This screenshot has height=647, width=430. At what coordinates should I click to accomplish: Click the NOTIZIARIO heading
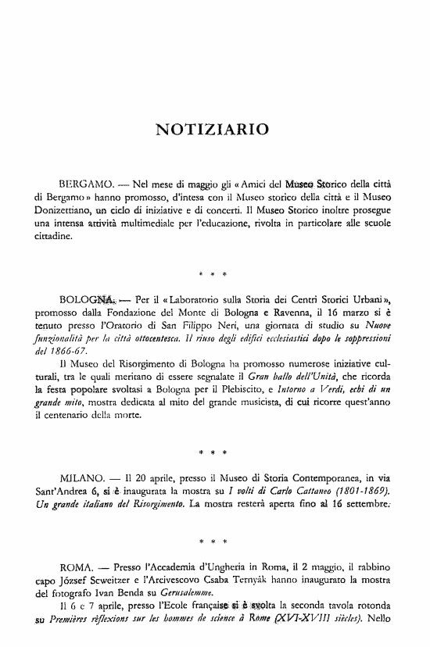click(213, 127)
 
